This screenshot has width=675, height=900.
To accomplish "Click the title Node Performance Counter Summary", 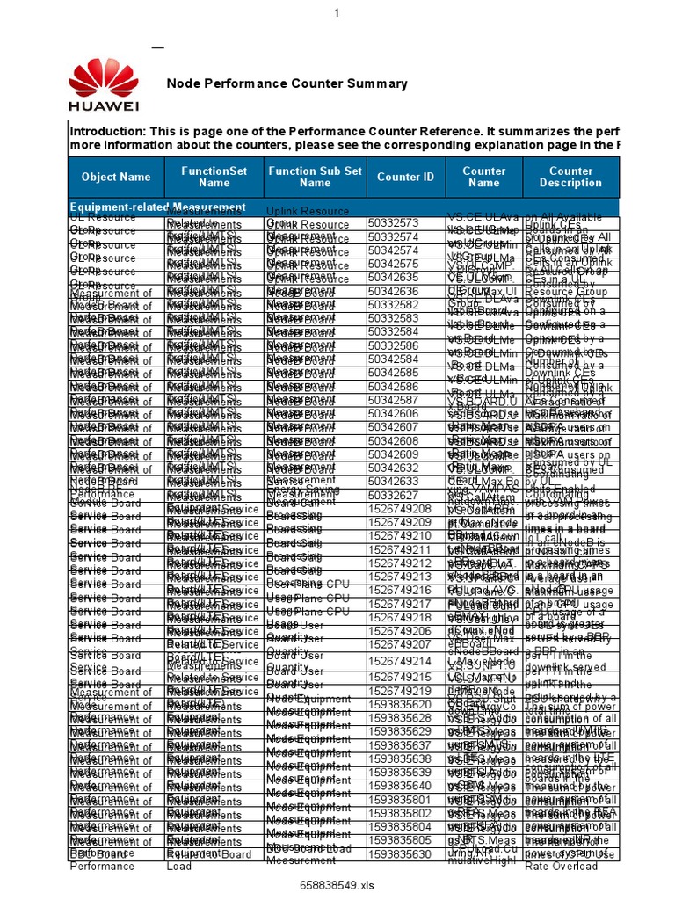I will pos(287,83).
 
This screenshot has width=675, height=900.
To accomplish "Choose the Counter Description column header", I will pos(570,177).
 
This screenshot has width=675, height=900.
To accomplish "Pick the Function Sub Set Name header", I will pos(315,177).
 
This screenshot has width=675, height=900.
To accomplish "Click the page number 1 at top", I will pos(336,12).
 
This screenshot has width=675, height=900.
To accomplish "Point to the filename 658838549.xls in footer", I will pos(336,884).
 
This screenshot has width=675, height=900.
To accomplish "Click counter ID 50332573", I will pos(393,223).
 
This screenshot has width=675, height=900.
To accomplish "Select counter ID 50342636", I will pos(393,290).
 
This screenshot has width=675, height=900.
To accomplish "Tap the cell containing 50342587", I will pos(393,400).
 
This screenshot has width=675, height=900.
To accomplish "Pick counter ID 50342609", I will pos(393,454).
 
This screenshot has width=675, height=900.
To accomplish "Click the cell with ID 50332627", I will pos(393,494).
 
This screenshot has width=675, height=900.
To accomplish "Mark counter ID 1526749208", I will pos(400,508).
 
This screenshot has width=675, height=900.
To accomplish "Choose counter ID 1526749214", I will pos(400,660).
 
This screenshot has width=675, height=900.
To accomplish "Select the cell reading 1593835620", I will pos(400,703).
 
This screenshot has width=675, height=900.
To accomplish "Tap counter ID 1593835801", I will pos(400,800).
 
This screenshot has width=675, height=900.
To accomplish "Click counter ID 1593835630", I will pos(400,853).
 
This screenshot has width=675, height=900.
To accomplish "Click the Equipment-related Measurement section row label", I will pos(157,207).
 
